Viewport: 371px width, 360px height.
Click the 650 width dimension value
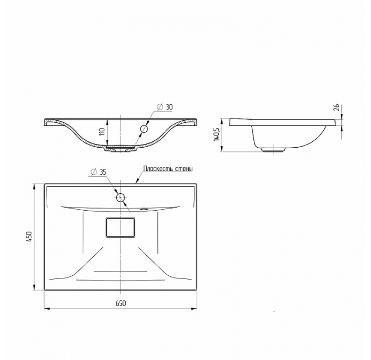pyautogui.click(x=120, y=303)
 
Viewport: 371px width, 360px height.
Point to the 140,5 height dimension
pyautogui.click(x=216, y=135)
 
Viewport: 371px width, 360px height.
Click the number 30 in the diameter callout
pyautogui.click(x=169, y=107)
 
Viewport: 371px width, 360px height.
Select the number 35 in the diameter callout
pyautogui.click(x=103, y=172)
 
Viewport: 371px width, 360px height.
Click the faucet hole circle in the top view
pyautogui.click(x=121, y=198)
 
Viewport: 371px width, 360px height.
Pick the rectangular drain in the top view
pyautogui.click(x=121, y=228)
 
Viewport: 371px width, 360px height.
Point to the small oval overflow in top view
pyautogui.click(x=143, y=208)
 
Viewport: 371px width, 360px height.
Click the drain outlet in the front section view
pyautogui.click(x=121, y=150)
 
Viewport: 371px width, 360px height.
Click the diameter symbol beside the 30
pyautogui.click(x=160, y=107)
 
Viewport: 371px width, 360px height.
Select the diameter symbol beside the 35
pyautogui.click(x=93, y=172)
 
